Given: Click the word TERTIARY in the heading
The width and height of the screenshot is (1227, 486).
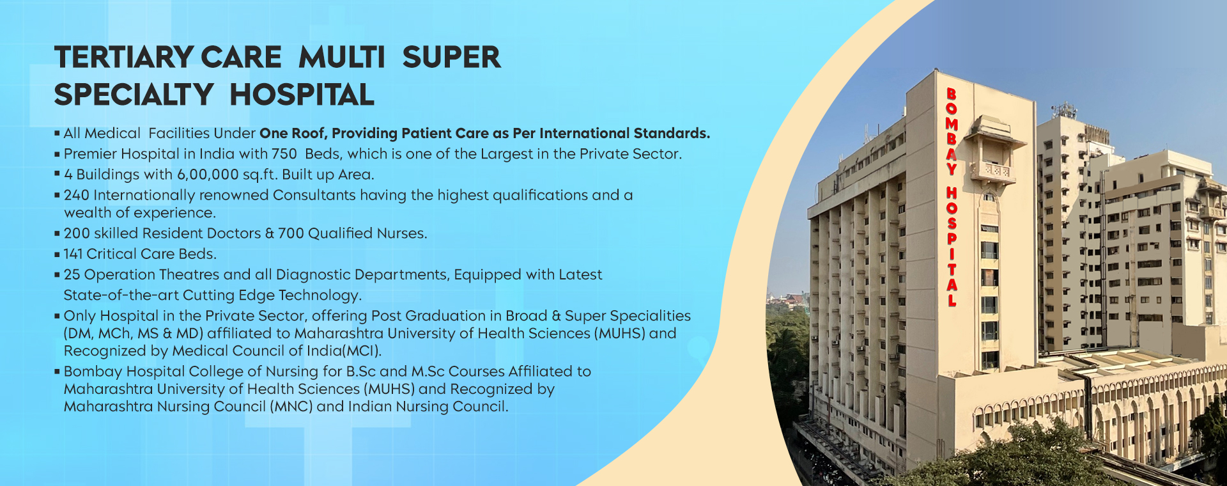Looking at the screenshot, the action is (123, 58).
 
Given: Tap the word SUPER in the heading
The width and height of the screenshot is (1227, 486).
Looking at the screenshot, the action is (451, 58).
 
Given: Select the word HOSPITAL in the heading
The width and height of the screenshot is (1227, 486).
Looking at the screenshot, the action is (302, 95).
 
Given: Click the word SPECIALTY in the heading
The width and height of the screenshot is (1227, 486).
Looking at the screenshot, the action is (134, 95).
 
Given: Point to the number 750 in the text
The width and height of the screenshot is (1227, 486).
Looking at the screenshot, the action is (284, 154).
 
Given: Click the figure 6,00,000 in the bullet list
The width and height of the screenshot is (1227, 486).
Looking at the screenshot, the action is (208, 175).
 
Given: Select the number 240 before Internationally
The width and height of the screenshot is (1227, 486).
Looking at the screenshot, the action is (77, 195).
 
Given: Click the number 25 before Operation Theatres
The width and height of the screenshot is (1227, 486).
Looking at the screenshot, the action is (72, 274).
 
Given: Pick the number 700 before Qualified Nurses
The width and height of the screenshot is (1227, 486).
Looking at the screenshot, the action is (291, 233).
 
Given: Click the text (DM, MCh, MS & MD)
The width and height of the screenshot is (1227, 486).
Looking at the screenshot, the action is (133, 333).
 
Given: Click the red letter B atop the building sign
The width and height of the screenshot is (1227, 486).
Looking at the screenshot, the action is (951, 95).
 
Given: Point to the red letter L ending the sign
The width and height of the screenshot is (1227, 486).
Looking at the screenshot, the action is (952, 299).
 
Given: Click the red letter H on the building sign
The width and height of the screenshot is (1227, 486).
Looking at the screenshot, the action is (952, 193).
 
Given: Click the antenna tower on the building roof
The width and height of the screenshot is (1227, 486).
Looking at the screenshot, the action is (1063, 109).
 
